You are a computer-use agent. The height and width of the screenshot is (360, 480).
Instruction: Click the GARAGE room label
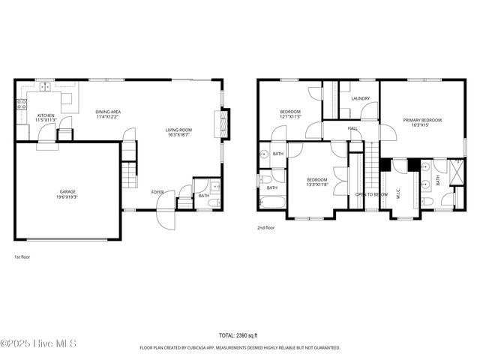click(67, 192)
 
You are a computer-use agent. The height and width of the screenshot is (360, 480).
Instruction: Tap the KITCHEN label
click(46, 115)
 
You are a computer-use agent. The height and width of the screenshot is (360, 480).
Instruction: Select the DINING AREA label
click(109, 112)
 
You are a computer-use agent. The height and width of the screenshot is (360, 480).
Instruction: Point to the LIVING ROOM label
click(178, 130)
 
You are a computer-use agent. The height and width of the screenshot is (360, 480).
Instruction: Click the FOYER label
click(157, 193)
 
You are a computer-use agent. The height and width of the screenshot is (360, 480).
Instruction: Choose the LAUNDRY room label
click(360, 98)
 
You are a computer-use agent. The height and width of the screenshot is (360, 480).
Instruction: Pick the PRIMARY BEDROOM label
click(422, 121)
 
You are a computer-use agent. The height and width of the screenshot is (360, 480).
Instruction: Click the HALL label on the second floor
click(352, 129)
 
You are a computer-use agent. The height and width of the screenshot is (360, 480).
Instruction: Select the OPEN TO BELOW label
click(371, 194)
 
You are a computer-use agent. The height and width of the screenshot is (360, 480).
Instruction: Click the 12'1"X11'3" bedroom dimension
click(290, 116)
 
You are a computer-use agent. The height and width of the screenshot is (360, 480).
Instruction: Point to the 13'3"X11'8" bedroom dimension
click(317, 184)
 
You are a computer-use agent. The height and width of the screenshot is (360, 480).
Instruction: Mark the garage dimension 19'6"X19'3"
click(67, 196)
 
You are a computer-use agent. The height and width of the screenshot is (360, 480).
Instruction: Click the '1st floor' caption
click(22, 256)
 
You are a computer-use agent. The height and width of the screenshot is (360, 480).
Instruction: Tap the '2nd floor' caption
click(265, 227)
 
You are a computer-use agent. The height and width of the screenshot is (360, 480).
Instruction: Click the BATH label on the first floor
click(203, 196)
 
